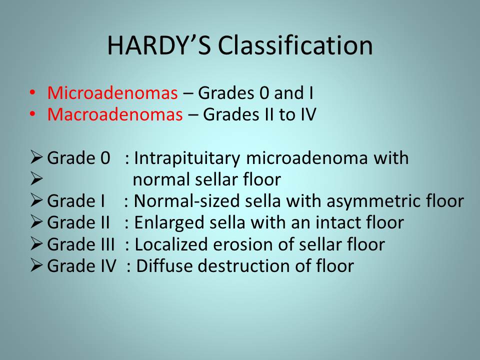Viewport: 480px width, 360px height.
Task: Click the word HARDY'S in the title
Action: coord(159,45)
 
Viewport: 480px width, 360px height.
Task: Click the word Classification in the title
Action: coord(295,45)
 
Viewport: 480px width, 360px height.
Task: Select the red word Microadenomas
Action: coord(112,93)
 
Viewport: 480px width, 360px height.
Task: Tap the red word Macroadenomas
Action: coord(115,114)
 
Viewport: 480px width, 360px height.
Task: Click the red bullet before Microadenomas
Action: coord(32,92)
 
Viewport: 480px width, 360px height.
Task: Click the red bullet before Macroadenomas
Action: coord(32,114)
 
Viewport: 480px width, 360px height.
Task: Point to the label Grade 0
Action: coord(78,158)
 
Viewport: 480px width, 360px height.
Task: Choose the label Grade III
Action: coord(81,244)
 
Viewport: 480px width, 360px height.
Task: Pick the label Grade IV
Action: coord(81,265)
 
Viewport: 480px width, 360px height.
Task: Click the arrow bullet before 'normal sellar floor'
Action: coord(36,179)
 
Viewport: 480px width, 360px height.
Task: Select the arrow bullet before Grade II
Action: coord(36,221)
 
